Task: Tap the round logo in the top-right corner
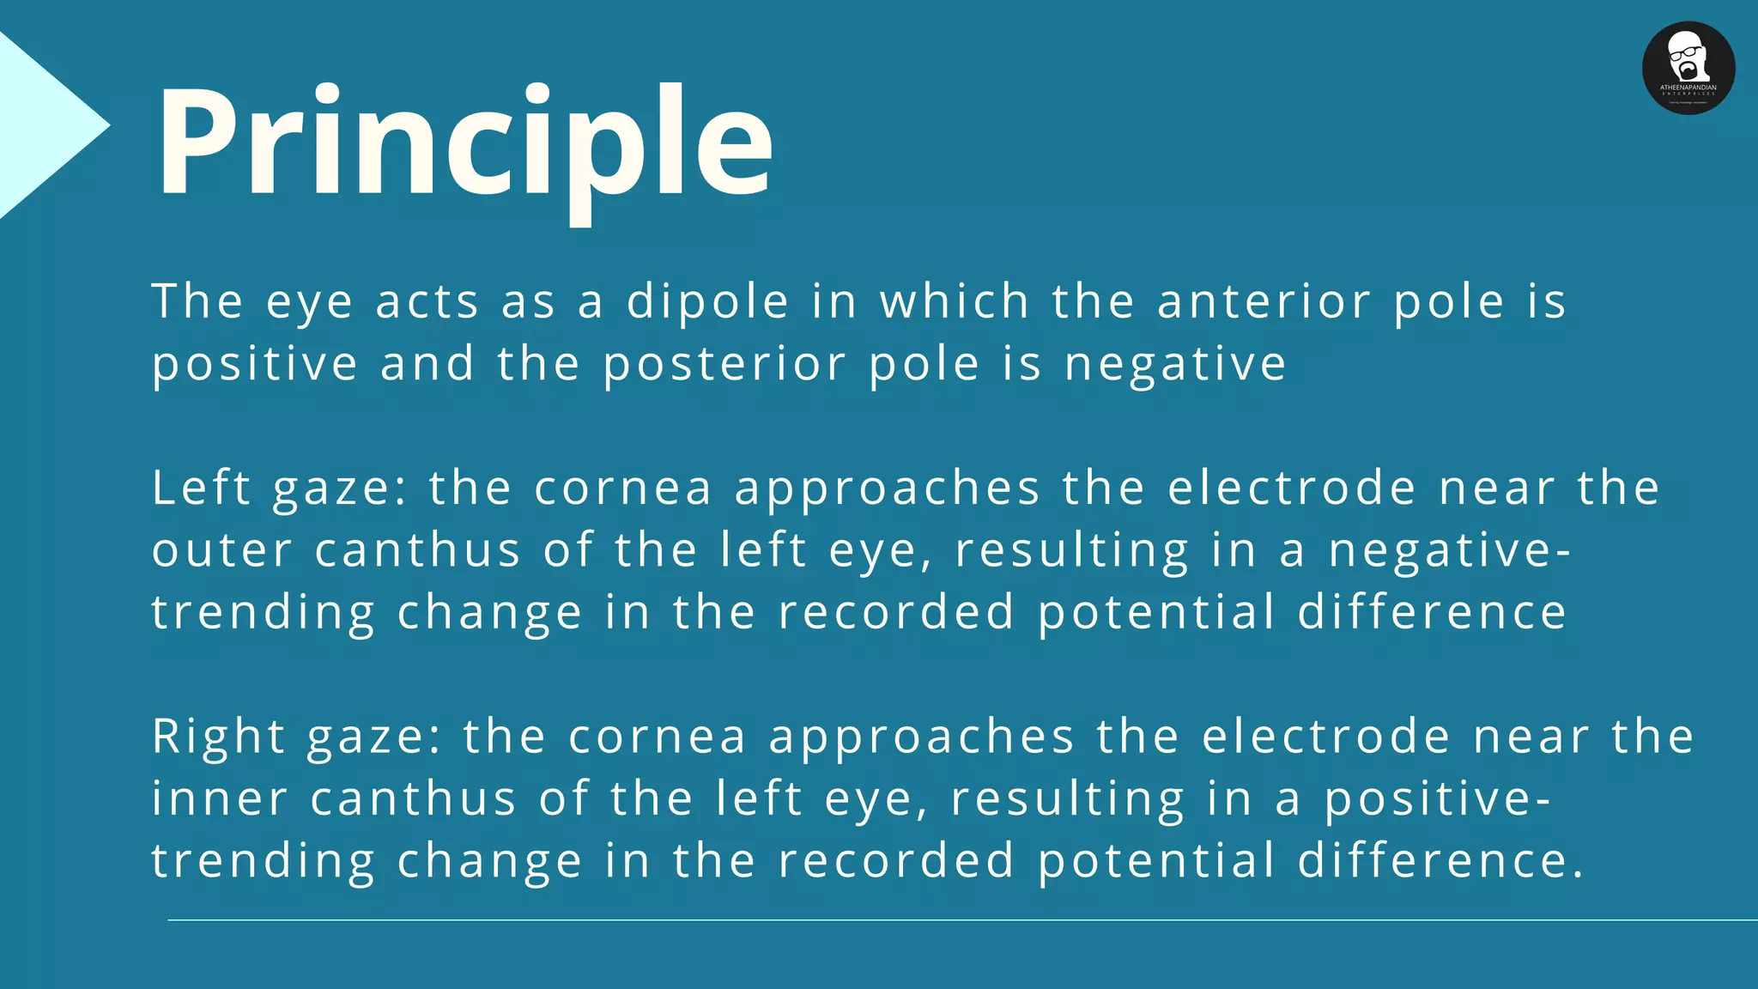(x=1688, y=68)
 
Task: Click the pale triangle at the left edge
(x=43, y=125)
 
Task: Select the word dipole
(x=707, y=302)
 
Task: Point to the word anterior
(x=1263, y=302)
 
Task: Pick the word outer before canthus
(x=222, y=550)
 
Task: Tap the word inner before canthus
(x=220, y=798)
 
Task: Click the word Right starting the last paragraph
(x=218, y=737)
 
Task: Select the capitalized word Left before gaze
(x=201, y=488)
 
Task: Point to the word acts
(x=427, y=302)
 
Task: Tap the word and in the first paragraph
(x=427, y=364)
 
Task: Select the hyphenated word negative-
(x=1450, y=550)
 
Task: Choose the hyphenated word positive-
(x=1437, y=798)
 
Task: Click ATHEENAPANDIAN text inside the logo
(x=1688, y=88)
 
